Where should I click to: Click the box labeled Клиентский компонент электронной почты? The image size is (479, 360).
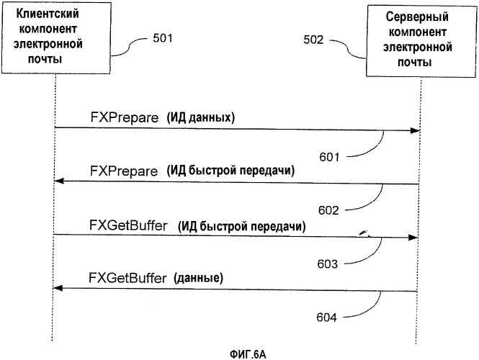coord(56,37)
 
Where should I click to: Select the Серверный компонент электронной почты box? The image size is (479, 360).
coord(421,41)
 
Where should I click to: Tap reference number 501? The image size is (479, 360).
coord(163,38)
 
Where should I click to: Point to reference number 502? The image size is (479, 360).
coord(313,40)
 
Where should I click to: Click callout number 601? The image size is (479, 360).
coord(329,157)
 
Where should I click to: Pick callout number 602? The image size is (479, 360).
coord(328,210)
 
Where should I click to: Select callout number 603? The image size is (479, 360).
coord(328,264)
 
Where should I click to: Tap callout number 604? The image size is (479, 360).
coord(326,318)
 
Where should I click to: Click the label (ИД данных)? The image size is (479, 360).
coord(201,117)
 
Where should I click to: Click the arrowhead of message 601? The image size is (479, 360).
coord(415,131)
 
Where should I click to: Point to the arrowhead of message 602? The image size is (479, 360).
coord(58,181)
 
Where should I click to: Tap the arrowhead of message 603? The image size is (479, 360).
coord(413,238)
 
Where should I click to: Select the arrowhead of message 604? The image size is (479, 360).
coord(58,288)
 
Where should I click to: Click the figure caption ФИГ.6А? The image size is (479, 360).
coord(248,354)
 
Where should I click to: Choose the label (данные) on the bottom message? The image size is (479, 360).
coord(199,278)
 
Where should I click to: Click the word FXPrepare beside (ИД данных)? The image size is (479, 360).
coord(125,117)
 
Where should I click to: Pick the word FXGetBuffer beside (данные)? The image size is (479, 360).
coord(127,278)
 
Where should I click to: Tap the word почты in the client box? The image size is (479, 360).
coord(45,59)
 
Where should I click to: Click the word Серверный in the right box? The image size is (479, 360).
coord(417,17)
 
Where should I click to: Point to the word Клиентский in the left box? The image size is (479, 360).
coord(48,14)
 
